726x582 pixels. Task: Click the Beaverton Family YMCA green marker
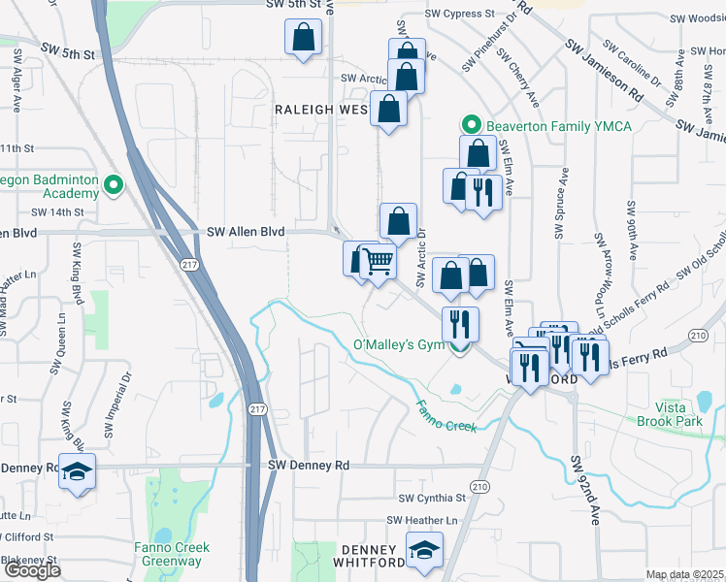tap(471, 126)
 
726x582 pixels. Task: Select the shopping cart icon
tap(377, 260)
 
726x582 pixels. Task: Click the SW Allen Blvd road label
tap(247, 232)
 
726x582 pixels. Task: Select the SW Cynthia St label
tap(433, 498)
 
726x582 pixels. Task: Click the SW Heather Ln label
tap(422, 521)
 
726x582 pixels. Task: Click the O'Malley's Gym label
tap(398, 345)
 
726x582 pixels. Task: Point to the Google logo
tap(32, 570)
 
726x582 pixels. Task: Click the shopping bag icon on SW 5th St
tap(303, 39)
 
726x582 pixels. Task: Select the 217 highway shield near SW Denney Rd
tap(255, 409)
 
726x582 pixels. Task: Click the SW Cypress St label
tap(460, 16)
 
